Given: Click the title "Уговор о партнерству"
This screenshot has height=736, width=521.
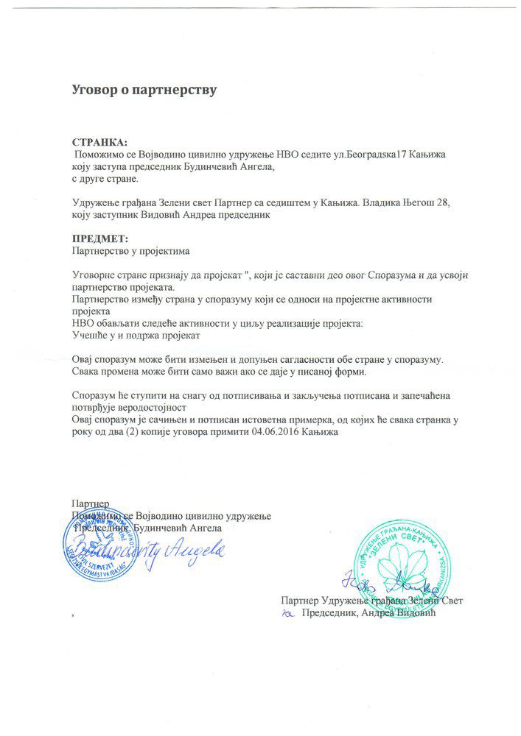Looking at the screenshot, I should pos(144,91).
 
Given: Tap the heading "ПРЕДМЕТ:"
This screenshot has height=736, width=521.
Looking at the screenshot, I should pos(99,240).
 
